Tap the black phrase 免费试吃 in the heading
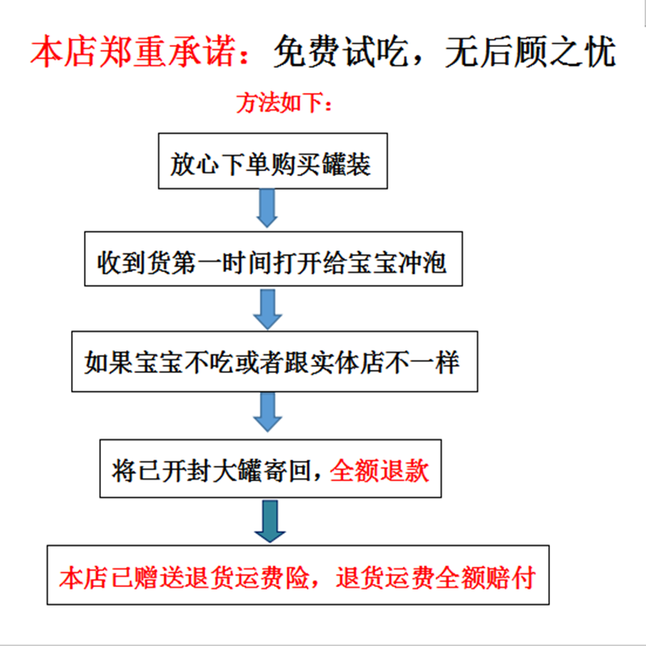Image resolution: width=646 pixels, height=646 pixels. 341,51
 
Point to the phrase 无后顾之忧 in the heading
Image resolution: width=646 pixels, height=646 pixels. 531,51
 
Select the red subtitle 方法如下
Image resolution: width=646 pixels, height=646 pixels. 279,103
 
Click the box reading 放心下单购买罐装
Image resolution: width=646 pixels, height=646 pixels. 273,161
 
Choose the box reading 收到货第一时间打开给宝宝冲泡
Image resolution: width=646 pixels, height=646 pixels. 273,258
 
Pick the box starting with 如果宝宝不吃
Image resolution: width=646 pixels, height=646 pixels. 275,361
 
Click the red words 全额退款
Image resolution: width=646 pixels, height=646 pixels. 379,470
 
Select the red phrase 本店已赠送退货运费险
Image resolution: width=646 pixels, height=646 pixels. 184,577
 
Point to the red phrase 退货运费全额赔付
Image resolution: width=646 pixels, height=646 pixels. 435,577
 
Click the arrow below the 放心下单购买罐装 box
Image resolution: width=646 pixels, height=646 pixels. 267,208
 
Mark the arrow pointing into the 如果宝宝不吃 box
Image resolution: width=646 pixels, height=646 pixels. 267,309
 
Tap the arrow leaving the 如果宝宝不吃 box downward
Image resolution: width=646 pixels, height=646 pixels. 267,412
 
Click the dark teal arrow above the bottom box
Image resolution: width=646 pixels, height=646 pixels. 270,521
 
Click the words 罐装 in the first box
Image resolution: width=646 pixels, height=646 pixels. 346,164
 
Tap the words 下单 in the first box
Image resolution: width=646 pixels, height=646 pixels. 245,164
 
